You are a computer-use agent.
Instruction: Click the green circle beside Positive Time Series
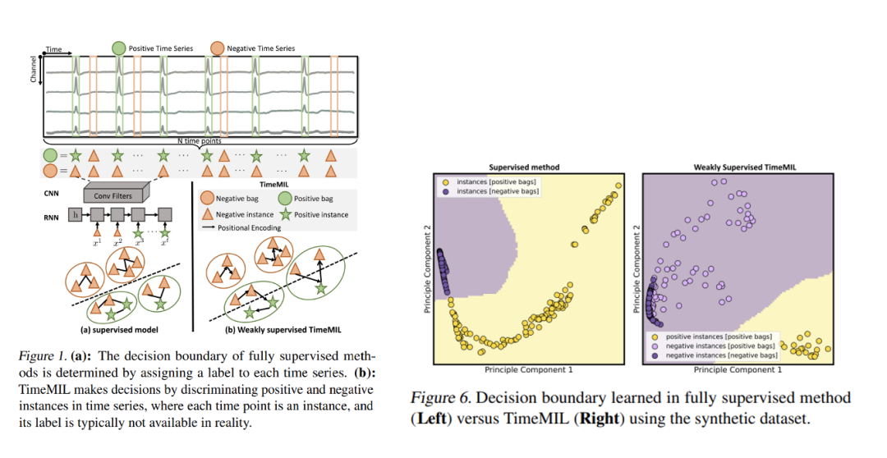pyautogui.click(x=120, y=48)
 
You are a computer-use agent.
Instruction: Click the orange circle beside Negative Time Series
pyautogui.click(x=218, y=48)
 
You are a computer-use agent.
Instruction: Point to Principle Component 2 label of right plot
pyautogui.click(x=636, y=268)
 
